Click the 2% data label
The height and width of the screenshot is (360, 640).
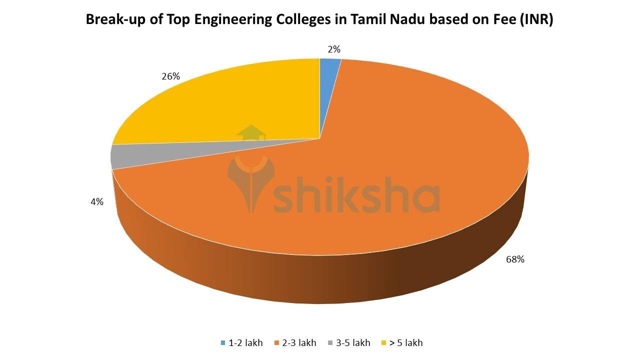click(334, 49)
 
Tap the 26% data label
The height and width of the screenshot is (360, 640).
click(170, 76)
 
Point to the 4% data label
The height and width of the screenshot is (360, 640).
click(97, 202)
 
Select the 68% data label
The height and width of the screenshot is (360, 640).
click(514, 259)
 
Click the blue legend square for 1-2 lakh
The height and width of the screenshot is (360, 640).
click(223, 343)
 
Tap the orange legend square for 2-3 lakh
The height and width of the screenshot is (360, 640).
click(276, 343)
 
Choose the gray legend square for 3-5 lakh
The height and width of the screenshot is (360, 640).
click(330, 343)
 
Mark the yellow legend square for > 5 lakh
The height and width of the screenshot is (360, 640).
click(384, 343)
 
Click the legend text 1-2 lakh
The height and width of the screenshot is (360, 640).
click(245, 343)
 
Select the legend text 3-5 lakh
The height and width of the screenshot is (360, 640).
click(353, 343)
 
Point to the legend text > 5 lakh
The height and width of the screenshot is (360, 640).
click(406, 343)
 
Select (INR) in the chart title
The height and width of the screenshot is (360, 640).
click(536, 20)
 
